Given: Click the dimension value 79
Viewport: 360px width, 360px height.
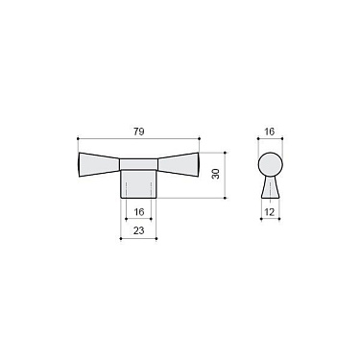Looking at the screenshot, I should [140, 120].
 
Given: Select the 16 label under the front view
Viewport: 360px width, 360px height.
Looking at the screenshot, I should [138, 212].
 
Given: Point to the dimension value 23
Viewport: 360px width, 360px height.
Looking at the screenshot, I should [138, 230].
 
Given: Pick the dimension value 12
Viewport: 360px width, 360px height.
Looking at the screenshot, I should [269, 210].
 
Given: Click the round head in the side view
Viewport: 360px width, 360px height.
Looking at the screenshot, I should [270, 160].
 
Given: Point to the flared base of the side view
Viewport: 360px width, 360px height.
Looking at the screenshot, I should [270, 184].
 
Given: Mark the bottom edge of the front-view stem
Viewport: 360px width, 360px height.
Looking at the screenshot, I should [139, 195].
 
